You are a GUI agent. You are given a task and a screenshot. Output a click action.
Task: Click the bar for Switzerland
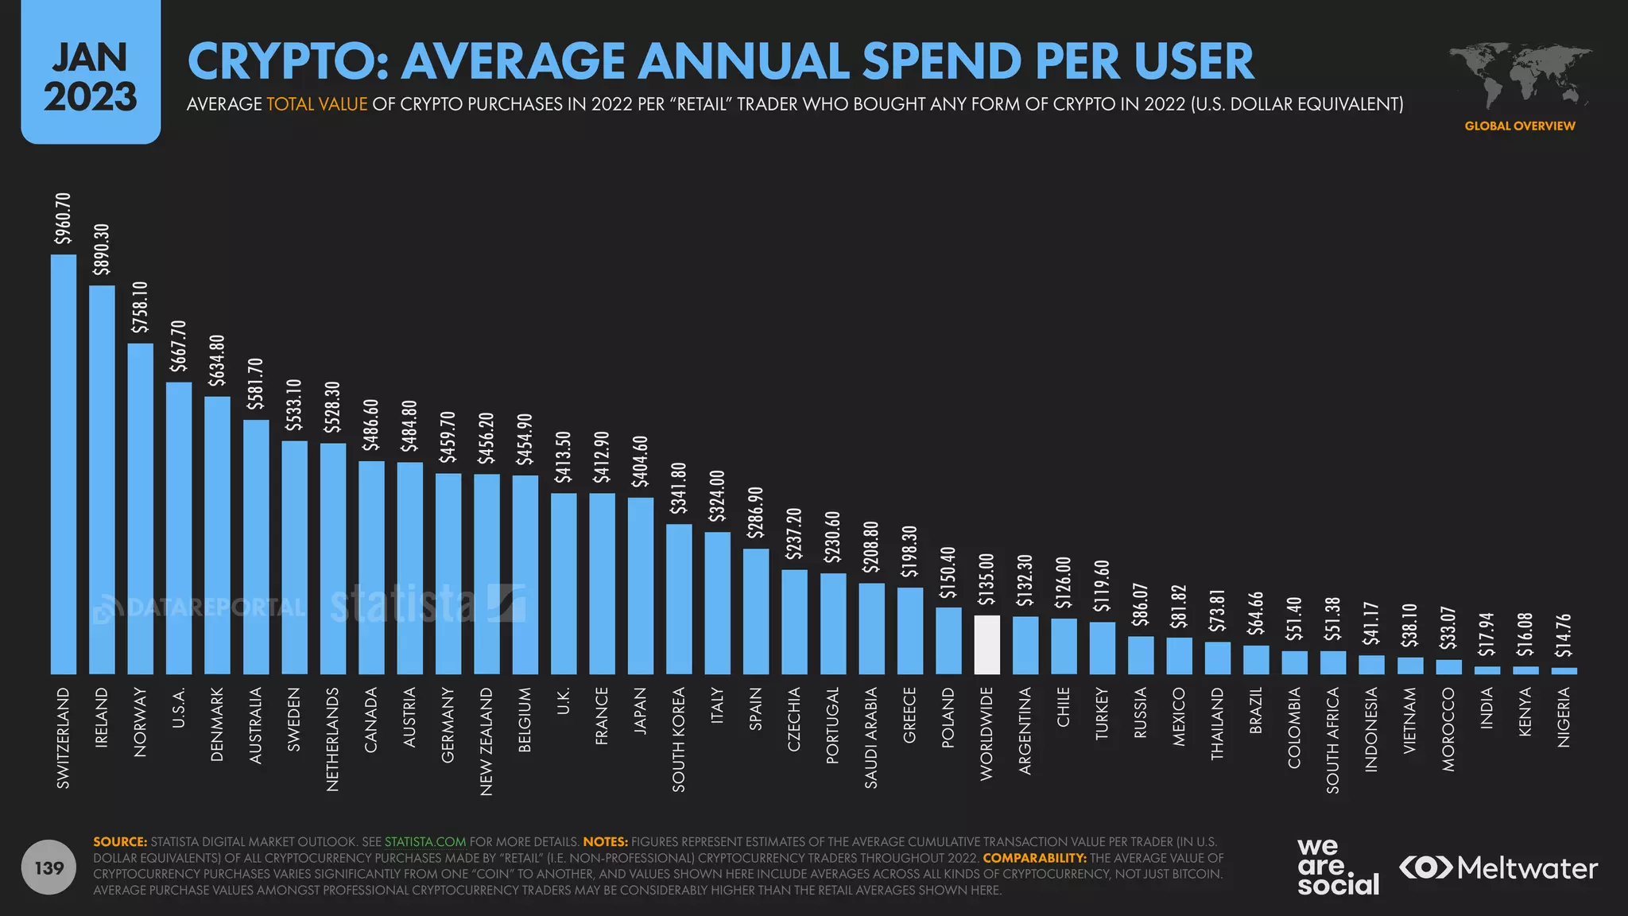(x=64, y=464)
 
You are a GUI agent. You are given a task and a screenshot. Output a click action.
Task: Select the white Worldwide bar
(x=986, y=645)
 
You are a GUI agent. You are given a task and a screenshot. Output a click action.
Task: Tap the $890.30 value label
(x=102, y=249)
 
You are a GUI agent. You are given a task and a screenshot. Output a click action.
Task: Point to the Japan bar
(x=640, y=586)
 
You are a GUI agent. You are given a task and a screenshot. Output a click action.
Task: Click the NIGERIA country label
(x=1564, y=718)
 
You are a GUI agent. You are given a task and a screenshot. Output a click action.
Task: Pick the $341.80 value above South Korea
(x=679, y=487)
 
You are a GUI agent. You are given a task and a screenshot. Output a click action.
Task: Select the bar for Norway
(x=141, y=509)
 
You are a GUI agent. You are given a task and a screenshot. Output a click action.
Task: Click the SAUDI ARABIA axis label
(x=871, y=738)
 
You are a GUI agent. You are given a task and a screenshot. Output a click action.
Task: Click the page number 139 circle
(x=49, y=867)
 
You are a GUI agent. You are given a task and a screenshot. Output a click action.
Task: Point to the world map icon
(x=1520, y=76)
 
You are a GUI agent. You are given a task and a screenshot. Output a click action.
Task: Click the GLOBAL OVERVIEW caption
(x=1520, y=126)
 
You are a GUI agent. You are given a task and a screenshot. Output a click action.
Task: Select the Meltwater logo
(x=1498, y=867)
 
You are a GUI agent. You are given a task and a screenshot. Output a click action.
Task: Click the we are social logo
(x=1338, y=867)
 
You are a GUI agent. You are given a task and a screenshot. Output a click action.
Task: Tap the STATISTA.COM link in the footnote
(x=425, y=841)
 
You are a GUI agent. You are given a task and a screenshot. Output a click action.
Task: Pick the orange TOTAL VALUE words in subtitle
(x=316, y=104)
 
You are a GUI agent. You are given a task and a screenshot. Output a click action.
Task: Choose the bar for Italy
(x=717, y=604)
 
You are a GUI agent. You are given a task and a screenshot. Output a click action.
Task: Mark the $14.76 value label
(x=1564, y=635)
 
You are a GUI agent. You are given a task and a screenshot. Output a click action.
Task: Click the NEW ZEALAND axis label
(x=486, y=741)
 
